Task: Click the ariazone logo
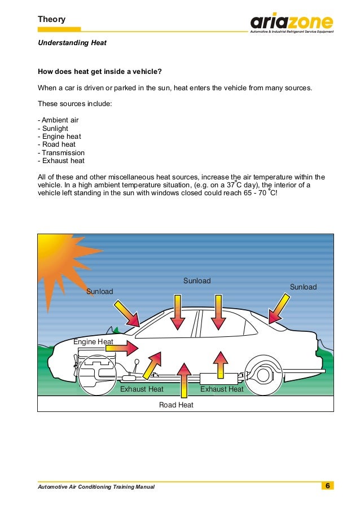click(292, 23)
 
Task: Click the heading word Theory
click(51, 20)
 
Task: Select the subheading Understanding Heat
click(72, 43)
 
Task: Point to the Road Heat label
click(176, 405)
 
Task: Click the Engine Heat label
click(93, 342)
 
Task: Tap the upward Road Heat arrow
click(183, 381)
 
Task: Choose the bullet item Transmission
click(61, 152)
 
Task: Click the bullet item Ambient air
click(58, 121)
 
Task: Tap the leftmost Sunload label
click(100, 292)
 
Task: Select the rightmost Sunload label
click(303, 287)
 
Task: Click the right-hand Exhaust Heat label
click(222, 389)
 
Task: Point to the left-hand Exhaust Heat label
click(142, 389)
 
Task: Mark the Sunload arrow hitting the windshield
click(128, 313)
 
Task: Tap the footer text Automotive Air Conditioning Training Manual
click(95, 486)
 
